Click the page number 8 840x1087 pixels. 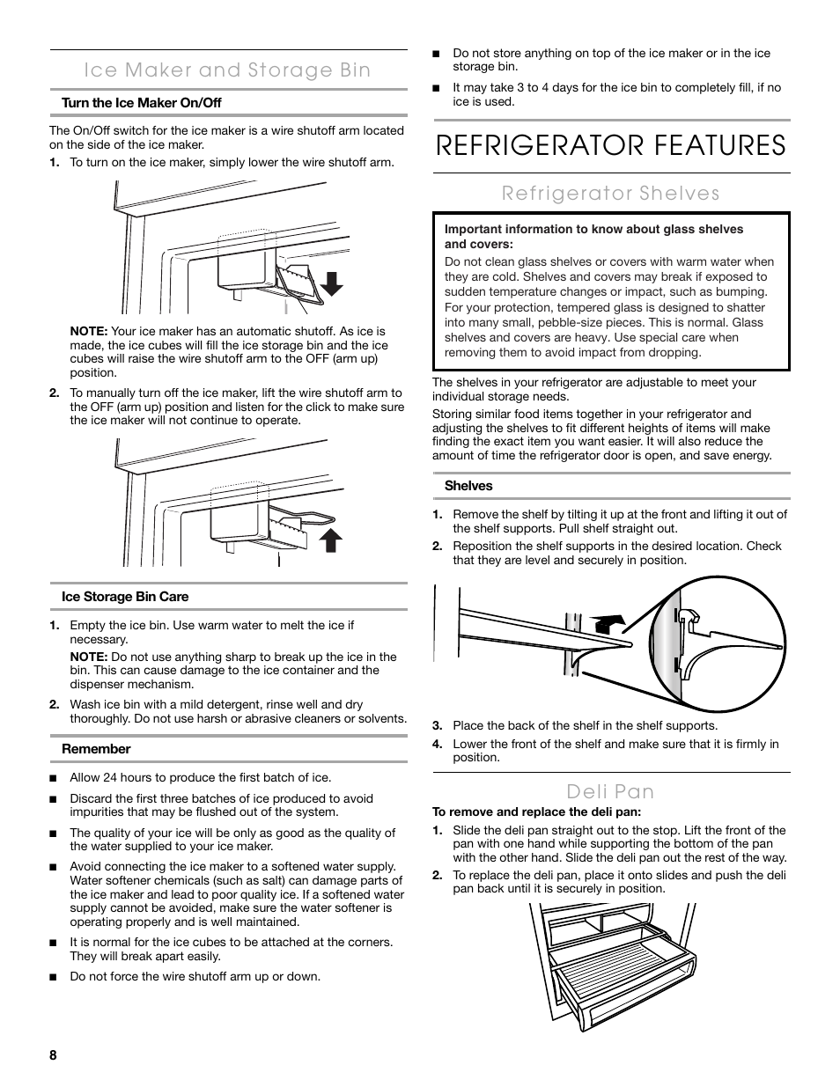tap(53, 1055)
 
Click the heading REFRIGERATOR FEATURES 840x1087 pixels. tap(610, 145)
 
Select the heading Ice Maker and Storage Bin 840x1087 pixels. tap(228, 70)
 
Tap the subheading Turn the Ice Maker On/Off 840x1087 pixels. tap(141, 103)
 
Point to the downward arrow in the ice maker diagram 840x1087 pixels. tap(331, 282)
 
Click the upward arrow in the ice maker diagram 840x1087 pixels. tap(330, 539)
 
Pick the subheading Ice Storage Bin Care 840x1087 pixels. tap(125, 597)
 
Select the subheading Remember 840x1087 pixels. tap(96, 749)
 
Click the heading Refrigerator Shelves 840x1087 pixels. tap(610, 193)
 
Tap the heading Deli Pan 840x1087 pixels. tap(610, 790)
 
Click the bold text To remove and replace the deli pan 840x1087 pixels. tap(536, 812)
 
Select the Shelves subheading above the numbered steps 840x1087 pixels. tap(468, 486)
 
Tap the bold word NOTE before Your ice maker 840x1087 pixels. tap(89, 332)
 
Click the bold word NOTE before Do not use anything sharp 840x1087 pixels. tap(89, 657)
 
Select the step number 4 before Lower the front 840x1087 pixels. tap(437, 744)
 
